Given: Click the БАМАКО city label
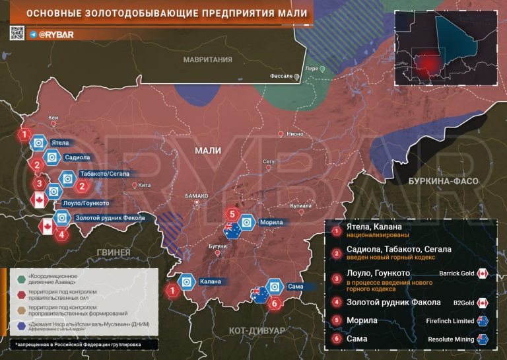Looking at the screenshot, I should [x=197, y=196].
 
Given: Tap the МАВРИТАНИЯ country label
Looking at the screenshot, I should [x=208, y=59].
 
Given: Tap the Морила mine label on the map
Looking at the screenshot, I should [x=271, y=223].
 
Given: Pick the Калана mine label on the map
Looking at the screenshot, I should [x=210, y=283].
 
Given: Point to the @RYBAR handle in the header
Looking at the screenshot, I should [x=55, y=33].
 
